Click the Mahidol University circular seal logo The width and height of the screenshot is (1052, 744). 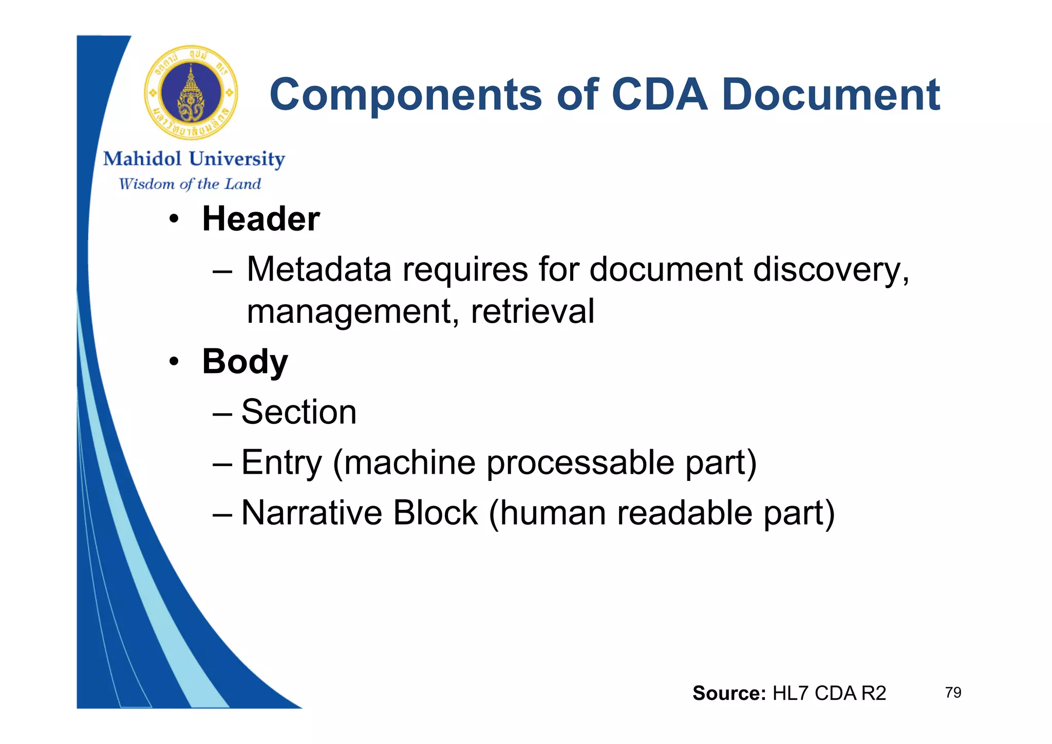tap(191, 92)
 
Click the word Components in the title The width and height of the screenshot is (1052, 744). tap(405, 95)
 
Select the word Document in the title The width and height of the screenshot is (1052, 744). tap(831, 95)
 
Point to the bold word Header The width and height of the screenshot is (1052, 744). tap(261, 219)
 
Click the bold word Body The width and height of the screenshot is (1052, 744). tap(245, 362)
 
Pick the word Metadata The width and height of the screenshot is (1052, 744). tap(319, 269)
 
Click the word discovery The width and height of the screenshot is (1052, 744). tap(831, 269)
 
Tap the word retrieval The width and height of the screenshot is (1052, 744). tap(533, 311)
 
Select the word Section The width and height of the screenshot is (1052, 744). tap(299, 412)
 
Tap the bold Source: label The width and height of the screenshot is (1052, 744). tap(729, 693)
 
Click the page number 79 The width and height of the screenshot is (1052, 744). tap(953, 693)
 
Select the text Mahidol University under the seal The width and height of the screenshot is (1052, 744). tap(194, 159)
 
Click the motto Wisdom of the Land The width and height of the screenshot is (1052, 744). tap(190, 184)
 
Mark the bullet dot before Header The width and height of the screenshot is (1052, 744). tap(174, 220)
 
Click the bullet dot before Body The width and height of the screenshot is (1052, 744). tap(174, 362)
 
